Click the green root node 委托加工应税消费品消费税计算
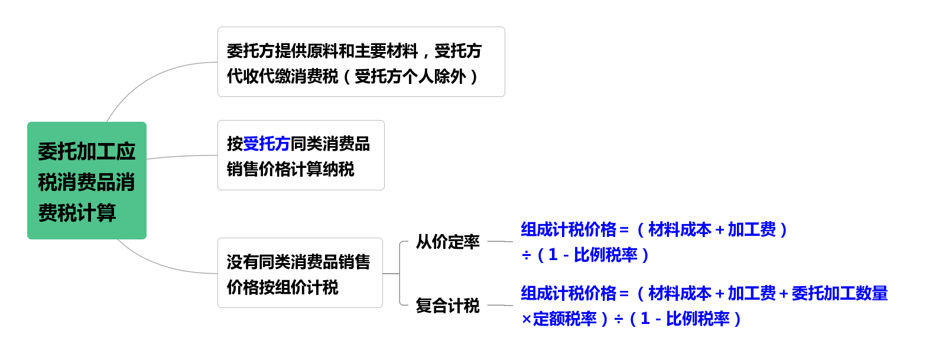pos(87,181)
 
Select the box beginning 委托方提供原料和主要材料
pos(361,61)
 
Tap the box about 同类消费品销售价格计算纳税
pos(301,155)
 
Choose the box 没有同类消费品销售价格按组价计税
pos(300,273)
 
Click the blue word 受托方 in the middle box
pos(267,144)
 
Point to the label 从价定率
pos(447,242)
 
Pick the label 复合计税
pos(447,306)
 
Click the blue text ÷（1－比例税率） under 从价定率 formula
pos(585,255)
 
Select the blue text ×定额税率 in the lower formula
pos(558,319)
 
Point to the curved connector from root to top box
pos(148,77)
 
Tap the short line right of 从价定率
pos(500,242)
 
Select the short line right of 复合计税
pos(500,306)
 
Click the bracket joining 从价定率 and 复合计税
pos(400,273)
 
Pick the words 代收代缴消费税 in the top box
pos(282,76)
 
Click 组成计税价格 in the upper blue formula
pos(569,229)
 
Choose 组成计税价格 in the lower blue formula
pos(569,293)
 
